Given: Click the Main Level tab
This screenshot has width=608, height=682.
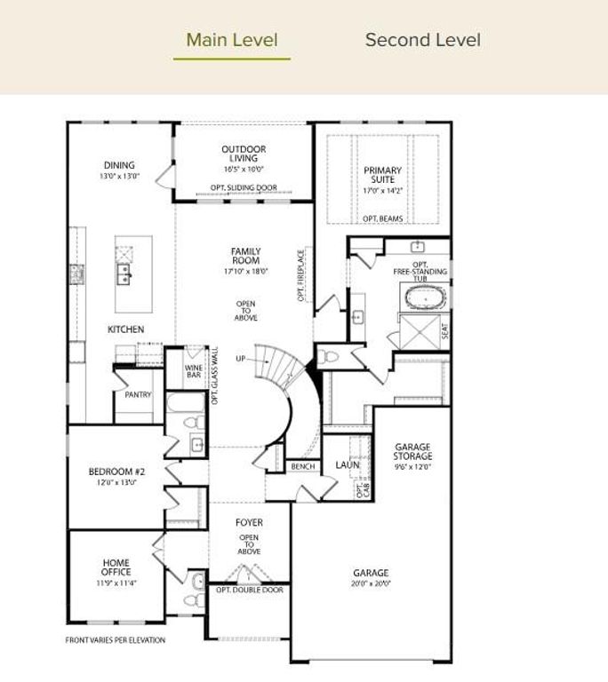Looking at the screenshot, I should tap(232, 40).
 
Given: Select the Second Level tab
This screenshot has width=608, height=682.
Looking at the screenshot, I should tap(422, 40).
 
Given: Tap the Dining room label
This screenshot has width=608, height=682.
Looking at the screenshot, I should tap(119, 165).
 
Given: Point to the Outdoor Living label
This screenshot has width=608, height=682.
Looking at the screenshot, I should tap(244, 154).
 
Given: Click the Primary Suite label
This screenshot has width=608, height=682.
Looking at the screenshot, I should tap(382, 174).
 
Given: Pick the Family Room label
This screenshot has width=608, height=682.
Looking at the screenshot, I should tap(245, 256).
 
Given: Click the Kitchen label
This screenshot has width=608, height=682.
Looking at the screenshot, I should tap(126, 329).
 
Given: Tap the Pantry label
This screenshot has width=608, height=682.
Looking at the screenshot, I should tap(138, 394).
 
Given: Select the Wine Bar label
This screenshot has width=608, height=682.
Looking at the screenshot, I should tap(194, 371).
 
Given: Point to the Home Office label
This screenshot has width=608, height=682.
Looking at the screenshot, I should tap(116, 567).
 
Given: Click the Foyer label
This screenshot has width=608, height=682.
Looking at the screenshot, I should tap(249, 523).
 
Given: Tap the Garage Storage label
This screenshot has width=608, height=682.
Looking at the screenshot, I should tap(412, 451).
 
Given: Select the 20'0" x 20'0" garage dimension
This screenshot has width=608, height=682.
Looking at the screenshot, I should tap(370, 584).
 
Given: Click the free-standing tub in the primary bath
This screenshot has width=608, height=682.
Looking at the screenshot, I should tap(426, 297).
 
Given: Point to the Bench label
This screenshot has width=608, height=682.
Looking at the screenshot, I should tap(303, 466).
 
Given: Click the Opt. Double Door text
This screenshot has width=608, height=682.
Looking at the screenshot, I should tap(249, 590).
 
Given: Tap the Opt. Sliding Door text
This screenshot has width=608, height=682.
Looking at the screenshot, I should tap(244, 188).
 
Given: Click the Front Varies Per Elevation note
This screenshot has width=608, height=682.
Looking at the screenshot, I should tap(116, 639).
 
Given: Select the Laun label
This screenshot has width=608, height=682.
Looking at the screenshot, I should tap(347, 464).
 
